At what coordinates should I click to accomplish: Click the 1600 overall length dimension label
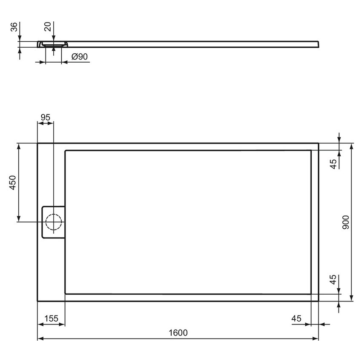pos(178,333)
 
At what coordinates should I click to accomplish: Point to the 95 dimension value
pos(46,117)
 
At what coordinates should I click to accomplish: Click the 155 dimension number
pos(51,318)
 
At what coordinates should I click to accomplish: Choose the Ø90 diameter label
pos(80,56)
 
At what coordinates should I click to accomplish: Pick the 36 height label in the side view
pos(14,27)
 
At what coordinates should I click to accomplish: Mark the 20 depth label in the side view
pos(48,27)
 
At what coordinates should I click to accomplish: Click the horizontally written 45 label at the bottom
pos(297,318)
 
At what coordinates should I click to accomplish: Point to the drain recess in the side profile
pos(54,44)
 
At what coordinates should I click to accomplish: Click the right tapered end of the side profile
pos(317,44)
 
